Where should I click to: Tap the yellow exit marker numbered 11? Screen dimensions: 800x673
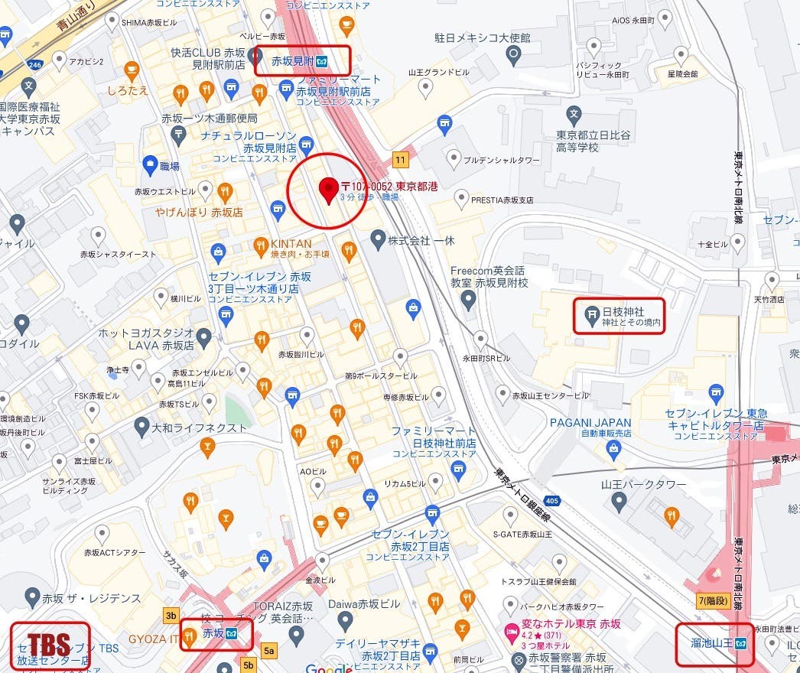coord(400,160)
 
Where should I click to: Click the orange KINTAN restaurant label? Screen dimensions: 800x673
coord(291,243)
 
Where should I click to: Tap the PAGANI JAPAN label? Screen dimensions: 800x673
coord(590,422)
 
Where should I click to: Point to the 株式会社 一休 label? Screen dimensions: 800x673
coord(421,240)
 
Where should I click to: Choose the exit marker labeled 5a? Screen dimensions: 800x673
coord(268,651)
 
